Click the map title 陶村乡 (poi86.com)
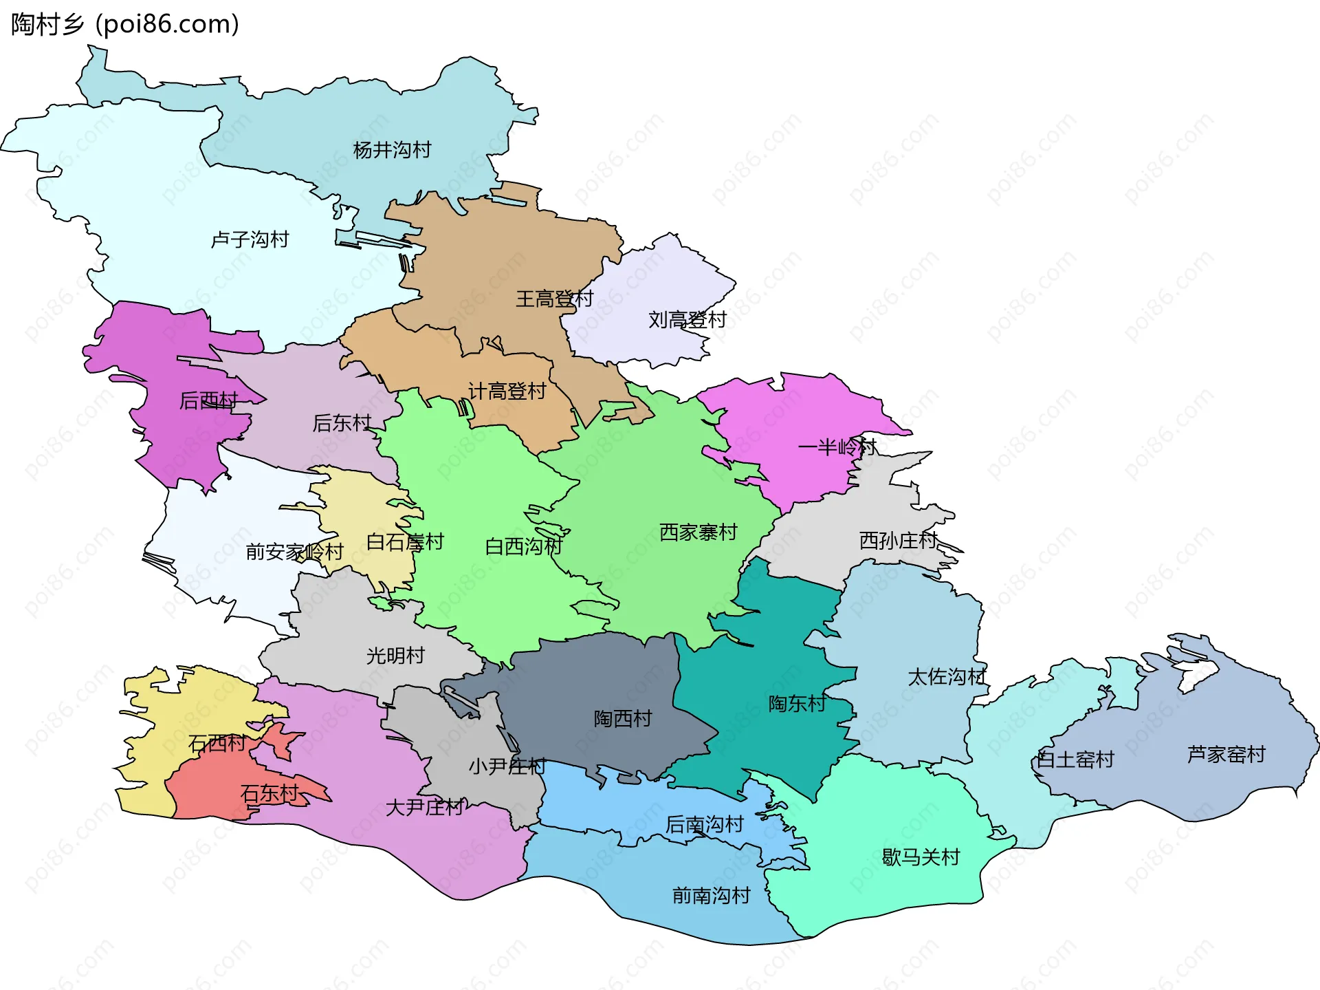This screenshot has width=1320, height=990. (125, 24)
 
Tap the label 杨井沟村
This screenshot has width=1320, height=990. (392, 150)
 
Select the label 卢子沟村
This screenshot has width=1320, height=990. (250, 239)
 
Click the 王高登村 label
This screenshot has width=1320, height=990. (554, 299)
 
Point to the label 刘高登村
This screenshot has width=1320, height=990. (687, 319)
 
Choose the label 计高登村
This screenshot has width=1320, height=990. (507, 391)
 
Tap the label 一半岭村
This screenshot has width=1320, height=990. (837, 447)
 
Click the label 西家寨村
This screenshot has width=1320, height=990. (698, 532)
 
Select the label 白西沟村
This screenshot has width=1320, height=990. (523, 546)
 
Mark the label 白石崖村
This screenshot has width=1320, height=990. (405, 542)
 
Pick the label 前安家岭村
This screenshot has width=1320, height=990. (294, 552)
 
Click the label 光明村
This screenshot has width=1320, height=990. (395, 656)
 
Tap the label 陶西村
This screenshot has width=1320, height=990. (623, 719)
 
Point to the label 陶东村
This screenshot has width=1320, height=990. (797, 704)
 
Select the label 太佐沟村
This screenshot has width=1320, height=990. (947, 677)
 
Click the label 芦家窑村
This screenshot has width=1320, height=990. (1226, 755)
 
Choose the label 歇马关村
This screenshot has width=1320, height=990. (921, 857)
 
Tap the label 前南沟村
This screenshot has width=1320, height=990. (711, 896)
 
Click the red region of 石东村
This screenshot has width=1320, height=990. (206, 791)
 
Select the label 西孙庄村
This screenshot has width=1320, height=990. (898, 541)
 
